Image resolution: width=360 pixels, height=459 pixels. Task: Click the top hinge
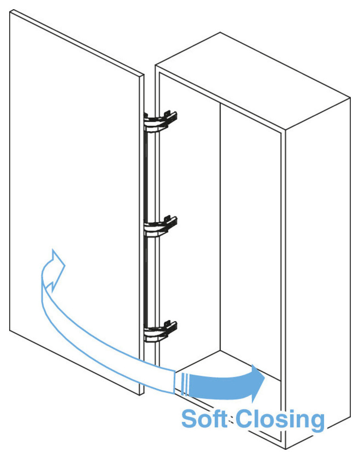tap(161, 120)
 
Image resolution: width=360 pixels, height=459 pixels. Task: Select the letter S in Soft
tap(190, 419)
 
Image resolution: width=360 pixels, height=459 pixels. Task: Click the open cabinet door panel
tap(73, 184)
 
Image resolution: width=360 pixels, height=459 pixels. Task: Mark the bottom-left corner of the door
tap(11, 329)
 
